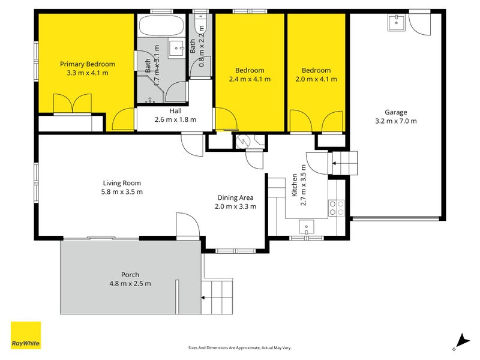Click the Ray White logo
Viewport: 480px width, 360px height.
point(26,335)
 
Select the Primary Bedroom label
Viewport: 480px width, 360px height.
point(87,64)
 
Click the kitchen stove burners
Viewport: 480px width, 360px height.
point(337,208)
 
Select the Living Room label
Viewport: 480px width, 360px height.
point(122,183)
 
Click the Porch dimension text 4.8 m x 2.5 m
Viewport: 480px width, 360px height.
point(130,284)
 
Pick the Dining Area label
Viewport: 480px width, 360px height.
point(235,197)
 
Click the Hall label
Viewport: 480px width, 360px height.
point(175,111)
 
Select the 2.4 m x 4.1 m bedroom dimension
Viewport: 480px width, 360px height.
point(250,79)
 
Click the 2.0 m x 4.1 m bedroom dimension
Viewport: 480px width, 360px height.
point(316,79)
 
